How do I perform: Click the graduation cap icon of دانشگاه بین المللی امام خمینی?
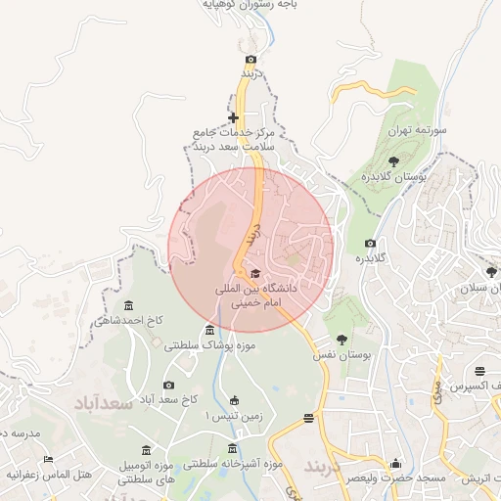[x=255, y=273]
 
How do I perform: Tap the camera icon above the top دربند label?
[x=250, y=60]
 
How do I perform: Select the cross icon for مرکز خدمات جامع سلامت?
[x=233, y=117]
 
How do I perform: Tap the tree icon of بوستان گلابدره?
[x=393, y=160]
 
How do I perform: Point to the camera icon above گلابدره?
[x=370, y=243]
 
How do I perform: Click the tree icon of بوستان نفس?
[x=342, y=340]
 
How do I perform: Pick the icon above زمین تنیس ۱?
[x=233, y=399]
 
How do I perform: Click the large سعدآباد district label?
[x=101, y=402]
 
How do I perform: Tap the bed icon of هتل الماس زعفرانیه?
[x=48, y=459]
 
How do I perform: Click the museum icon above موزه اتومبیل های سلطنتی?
[x=146, y=449]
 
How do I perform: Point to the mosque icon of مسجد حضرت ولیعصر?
[x=395, y=463]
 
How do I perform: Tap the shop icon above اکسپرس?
[x=479, y=372]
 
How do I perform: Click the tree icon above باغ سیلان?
[x=491, y=271]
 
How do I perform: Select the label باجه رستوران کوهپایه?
[x=249, y=5]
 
